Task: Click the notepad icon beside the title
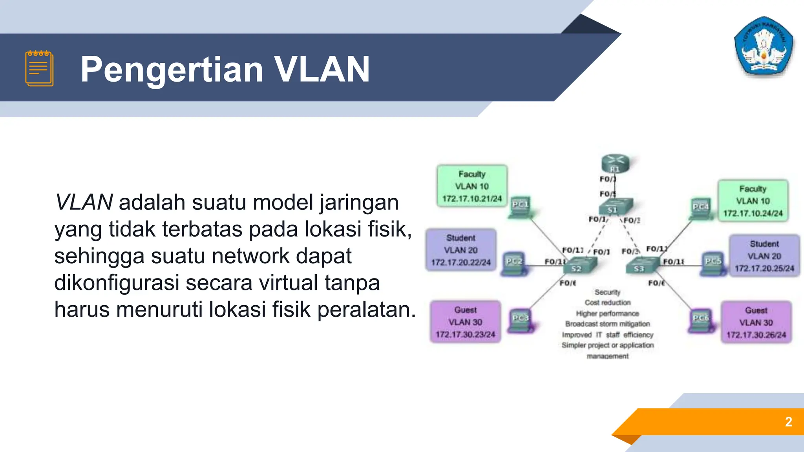click(39, 68)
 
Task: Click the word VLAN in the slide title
click(322, 69)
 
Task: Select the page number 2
click(788, 422)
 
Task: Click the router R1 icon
click(616, 163)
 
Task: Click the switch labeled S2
click(579, 266)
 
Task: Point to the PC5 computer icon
click(713, 264)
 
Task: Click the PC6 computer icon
click(701, 321)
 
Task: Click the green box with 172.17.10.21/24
click(472, 186)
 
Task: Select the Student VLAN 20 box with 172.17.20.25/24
click(764, 256)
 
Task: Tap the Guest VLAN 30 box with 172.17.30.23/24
click(465, 322)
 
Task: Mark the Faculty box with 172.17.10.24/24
click(753, 201)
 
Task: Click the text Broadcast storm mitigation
click(607, 324)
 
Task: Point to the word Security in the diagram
click(607, 292)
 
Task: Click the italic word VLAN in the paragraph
click(84, 202)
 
